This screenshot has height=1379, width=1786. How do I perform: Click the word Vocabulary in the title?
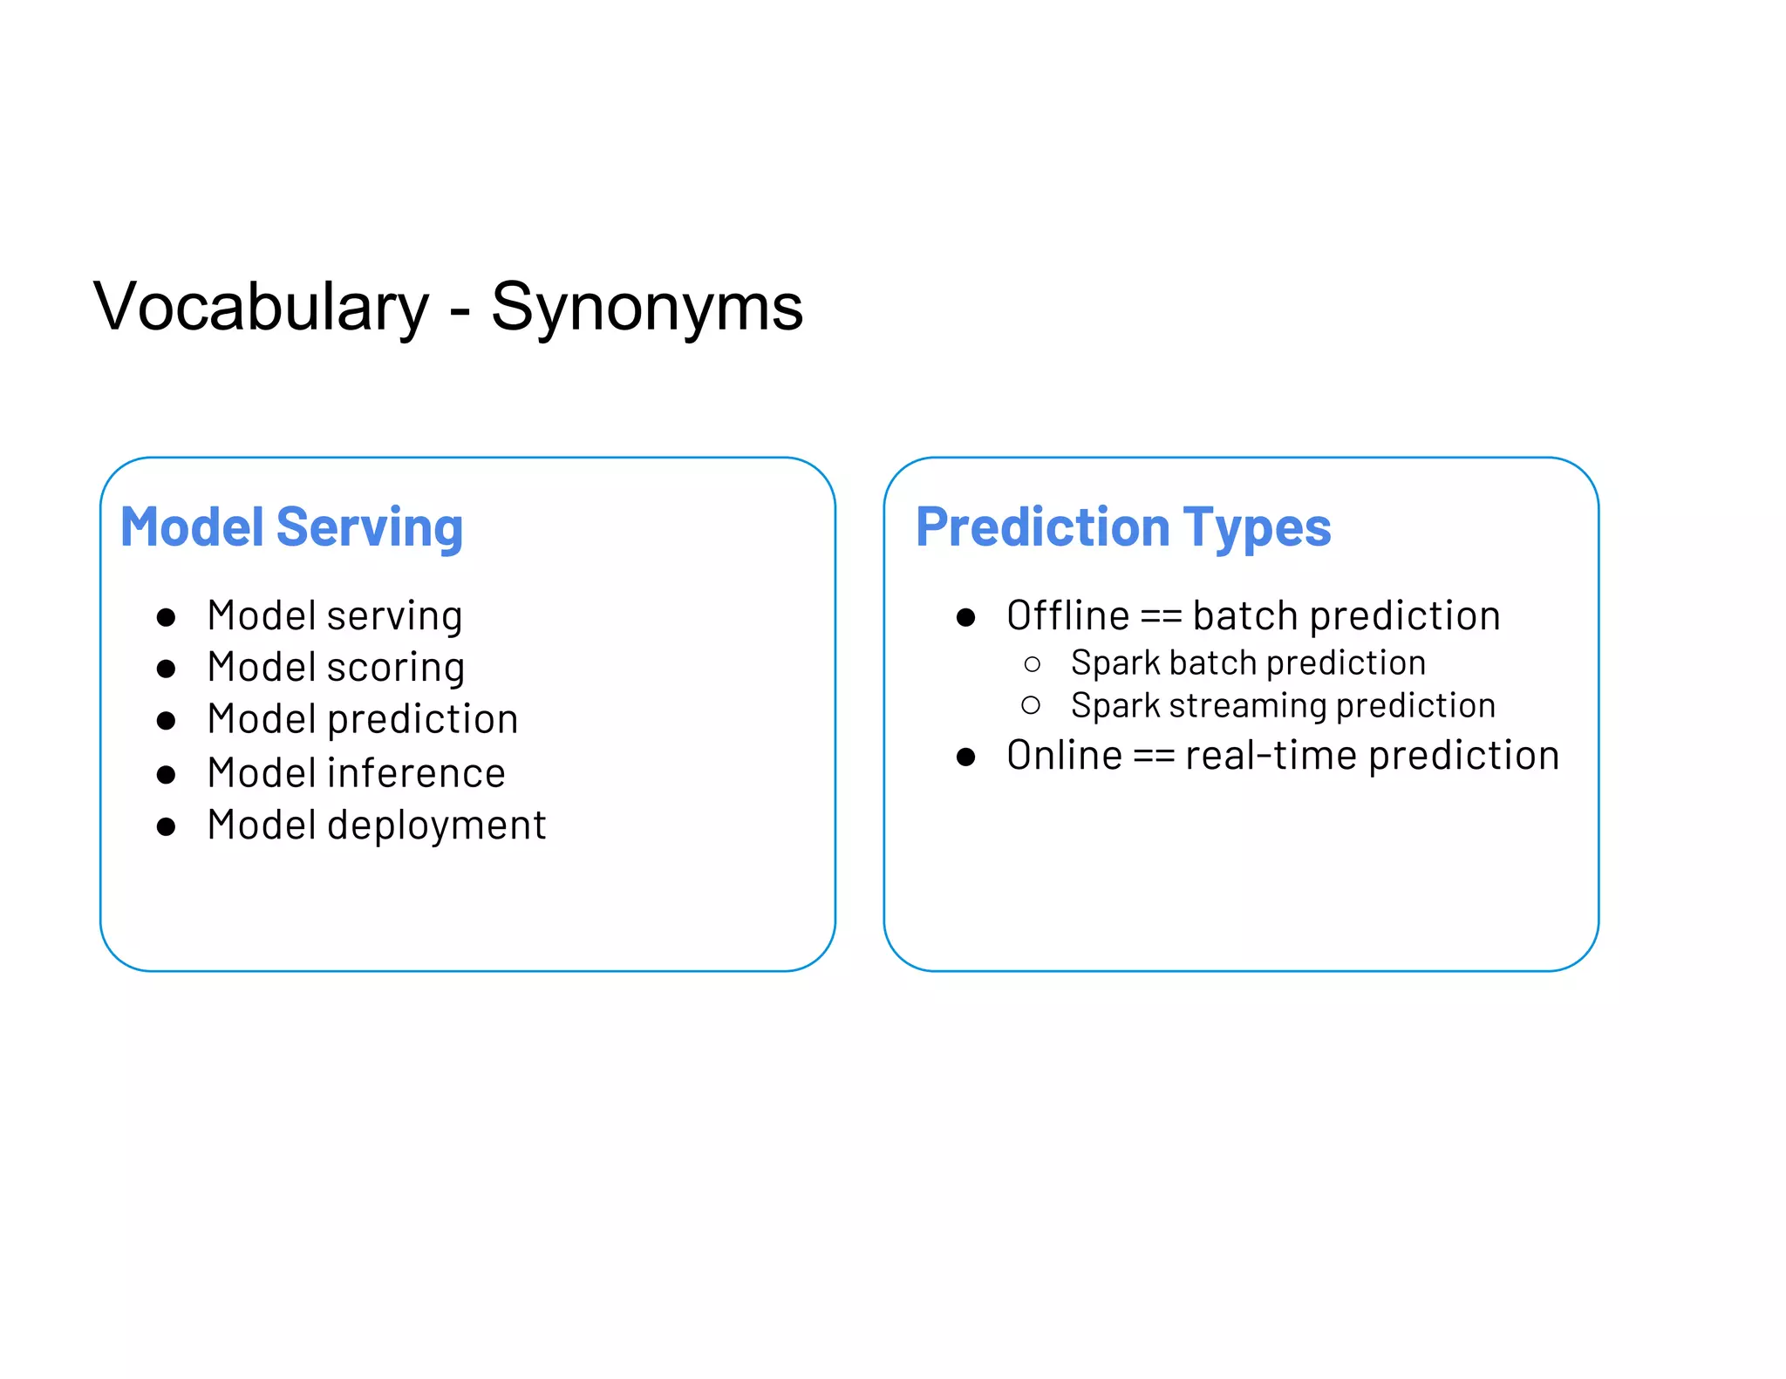(x=261, y=308)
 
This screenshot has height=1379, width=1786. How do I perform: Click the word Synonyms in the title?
(x=646, y=308)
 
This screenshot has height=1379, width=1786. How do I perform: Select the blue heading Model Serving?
(x=291, y=528)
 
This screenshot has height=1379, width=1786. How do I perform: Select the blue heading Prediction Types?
(x=1123, y=528)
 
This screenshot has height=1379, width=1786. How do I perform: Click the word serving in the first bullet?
(x=395, y=617)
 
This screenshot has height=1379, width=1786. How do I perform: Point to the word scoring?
(x=396, y=669)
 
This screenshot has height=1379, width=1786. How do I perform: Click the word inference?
(x=416, y=774)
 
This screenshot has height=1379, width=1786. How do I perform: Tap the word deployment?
(x=436, y=826)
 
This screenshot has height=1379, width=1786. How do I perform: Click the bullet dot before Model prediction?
(x=166, y=721)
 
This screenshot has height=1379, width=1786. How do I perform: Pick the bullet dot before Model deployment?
(x=166, y=826)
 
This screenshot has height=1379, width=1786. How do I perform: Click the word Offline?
(x=1067, y=616)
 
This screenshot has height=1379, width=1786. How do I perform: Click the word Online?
(x=1064, y=756)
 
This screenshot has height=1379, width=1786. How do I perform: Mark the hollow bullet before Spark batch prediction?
(x=1032, y=665)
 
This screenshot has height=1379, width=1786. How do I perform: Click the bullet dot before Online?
(x=965, y=757)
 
